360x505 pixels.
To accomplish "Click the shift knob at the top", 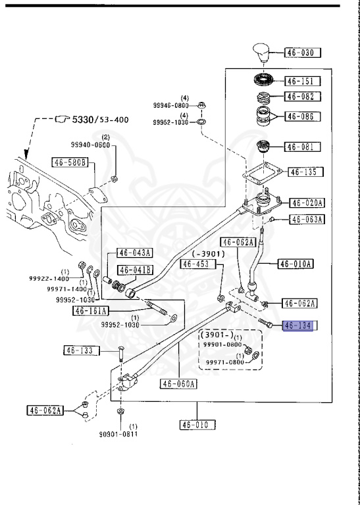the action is point(263,53).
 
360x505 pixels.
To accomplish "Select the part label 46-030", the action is point(302,53).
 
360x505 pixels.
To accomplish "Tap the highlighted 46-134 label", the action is point(297,325).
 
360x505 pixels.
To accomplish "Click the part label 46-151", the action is point(302,81).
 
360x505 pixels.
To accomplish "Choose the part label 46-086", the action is point(302,116).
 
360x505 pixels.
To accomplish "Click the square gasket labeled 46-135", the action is point(263,174).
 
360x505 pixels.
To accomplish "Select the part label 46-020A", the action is point(307,203).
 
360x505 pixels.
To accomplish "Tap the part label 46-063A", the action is point(307,220).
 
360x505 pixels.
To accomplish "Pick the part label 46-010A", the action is point(296,264).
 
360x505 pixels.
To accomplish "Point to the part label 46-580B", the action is point(70,162).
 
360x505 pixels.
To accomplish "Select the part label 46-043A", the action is point(135,252).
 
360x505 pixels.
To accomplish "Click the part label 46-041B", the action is point(135,270).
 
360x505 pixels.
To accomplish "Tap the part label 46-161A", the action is point(91,311).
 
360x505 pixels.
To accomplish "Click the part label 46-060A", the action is point(178,383).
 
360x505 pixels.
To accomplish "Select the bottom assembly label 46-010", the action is point(197,425).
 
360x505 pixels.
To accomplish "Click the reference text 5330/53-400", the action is point(100,120).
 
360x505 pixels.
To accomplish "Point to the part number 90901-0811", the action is point(118,434).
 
